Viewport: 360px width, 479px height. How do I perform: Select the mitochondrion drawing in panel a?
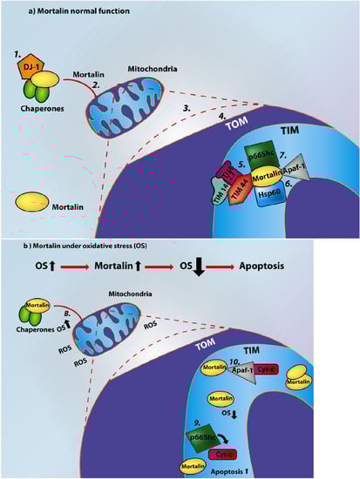tap(132, 105)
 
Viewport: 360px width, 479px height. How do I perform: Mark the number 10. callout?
tap(258, 358)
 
